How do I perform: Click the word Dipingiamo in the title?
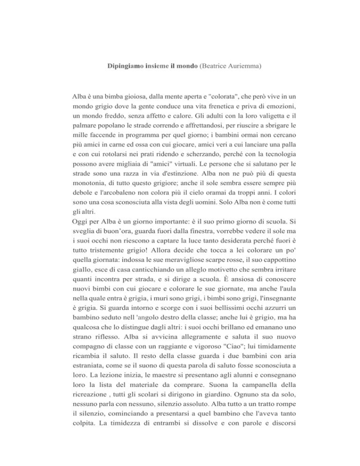[x=122, y=67]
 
